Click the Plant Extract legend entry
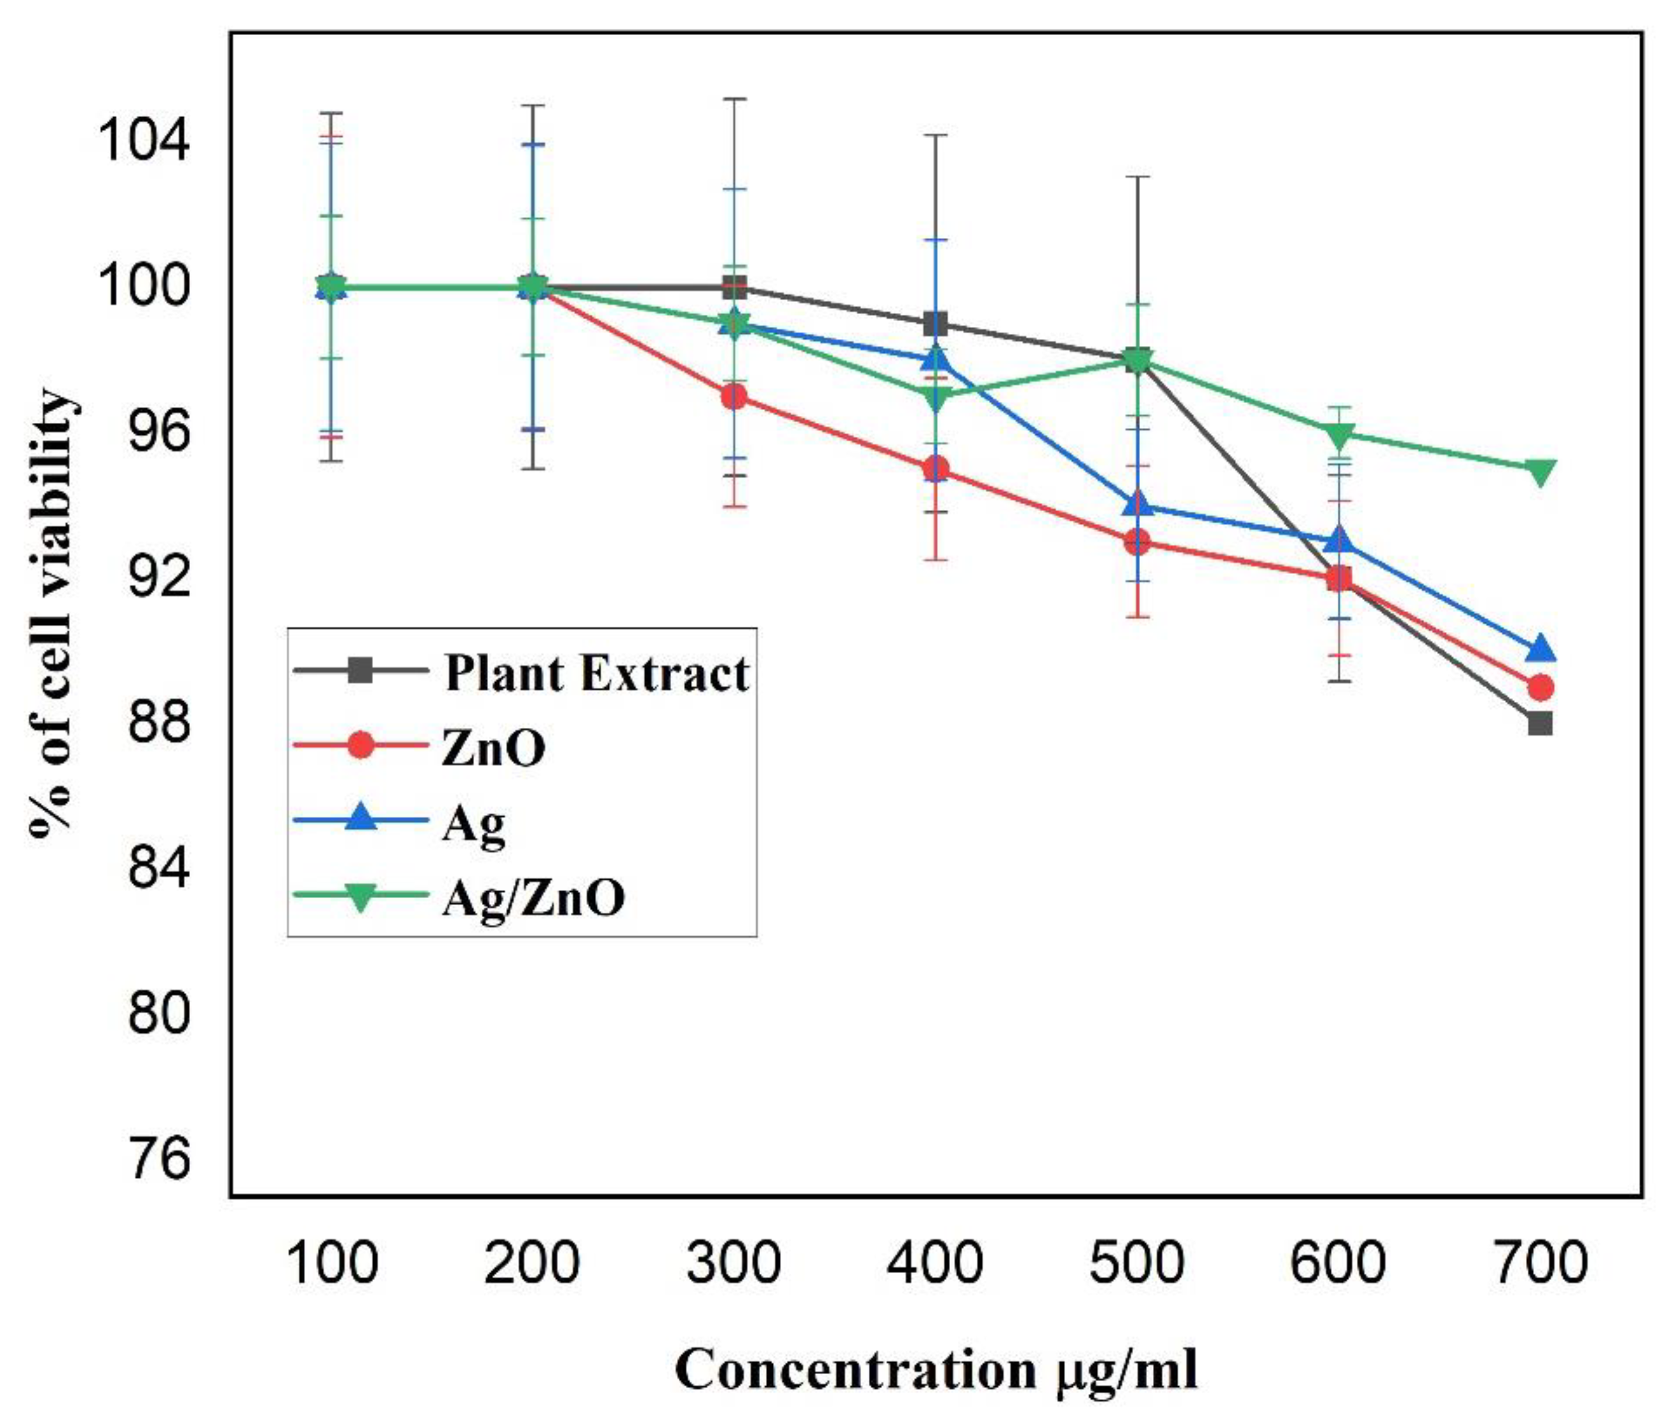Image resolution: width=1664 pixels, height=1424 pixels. pos(597,673)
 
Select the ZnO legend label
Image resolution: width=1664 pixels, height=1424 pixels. pos(493,747)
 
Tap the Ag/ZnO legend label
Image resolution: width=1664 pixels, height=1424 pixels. pos(534,898)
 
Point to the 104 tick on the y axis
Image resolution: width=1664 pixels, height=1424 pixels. pos(145,141)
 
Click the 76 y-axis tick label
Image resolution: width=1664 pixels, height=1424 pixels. pos(160,1159)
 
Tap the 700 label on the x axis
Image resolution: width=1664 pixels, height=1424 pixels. pos(1539,1263)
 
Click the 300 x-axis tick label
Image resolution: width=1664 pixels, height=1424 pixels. pos(733,1263)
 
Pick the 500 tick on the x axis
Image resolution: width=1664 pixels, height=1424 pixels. pos(1136,1263)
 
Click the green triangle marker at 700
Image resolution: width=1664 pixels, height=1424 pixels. pos(1539,471)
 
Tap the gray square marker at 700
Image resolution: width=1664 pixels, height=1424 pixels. pos(1539,724)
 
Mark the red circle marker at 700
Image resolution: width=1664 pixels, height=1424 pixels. pos(1539,688)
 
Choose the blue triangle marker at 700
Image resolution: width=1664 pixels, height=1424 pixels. pos(1539,649)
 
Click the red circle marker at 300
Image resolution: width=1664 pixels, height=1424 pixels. pos(734,397)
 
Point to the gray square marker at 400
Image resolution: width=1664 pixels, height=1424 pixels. pos(935,324)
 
